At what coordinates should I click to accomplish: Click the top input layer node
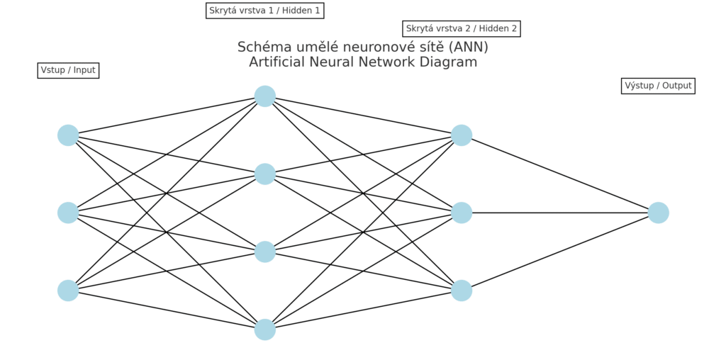tap(68, 135)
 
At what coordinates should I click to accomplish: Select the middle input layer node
tap(68, 213)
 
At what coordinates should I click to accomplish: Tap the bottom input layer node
tap(68, 291)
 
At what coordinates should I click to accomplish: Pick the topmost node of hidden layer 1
tap(264, 96)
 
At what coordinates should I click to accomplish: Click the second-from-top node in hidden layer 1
tap(264, 174)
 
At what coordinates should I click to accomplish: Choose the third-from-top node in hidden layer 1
tap(264, 252)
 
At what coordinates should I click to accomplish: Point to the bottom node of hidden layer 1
tap(264, 330)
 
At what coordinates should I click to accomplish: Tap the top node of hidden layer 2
tap(462, 135)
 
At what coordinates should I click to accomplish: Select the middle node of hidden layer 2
tap(462, 213)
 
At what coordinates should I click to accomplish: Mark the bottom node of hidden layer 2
tap(462, 291)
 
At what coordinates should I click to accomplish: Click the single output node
tap(658, 213)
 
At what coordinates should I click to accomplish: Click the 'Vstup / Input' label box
tap(68, 70)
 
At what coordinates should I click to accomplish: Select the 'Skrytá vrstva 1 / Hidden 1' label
tap(264, 11)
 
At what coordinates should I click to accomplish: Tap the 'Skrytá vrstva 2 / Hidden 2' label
tap(462, 29)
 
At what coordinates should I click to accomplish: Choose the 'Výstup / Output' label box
tap(658, 86)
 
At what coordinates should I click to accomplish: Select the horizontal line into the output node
tap(560, 213)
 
